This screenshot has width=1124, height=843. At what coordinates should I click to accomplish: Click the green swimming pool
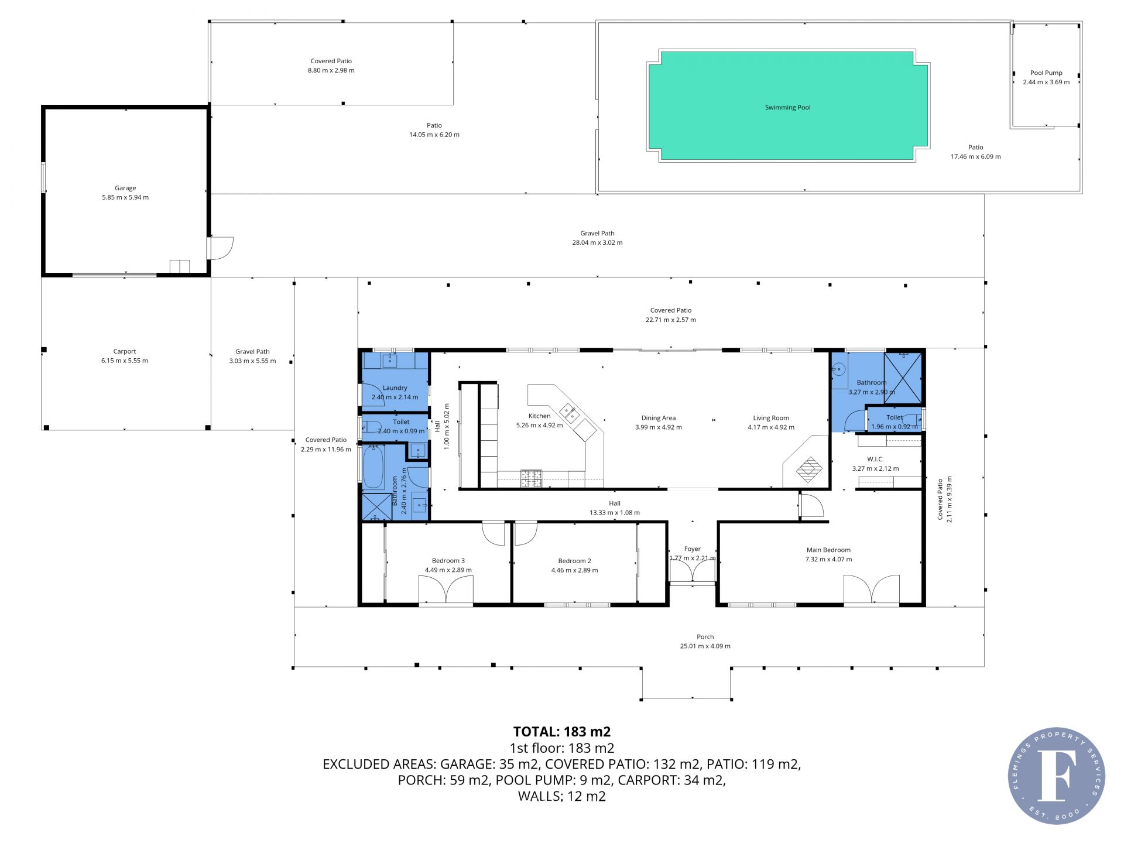click(788, 106)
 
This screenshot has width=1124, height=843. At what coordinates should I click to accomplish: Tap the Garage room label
click(125, 188)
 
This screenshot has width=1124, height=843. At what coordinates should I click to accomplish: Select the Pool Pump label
click(1046, 73)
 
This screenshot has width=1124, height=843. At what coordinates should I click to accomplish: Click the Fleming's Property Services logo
click(1057, 775)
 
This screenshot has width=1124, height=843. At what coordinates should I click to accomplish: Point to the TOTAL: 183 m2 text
click(562, 731)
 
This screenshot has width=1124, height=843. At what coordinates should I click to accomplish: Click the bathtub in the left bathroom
click(373, 467)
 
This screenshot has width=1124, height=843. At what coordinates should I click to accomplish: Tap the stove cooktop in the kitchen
click(531, 478)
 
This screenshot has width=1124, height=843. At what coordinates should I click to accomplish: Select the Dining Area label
click(659, 418)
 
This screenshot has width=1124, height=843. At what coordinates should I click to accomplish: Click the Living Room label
click(771, 418)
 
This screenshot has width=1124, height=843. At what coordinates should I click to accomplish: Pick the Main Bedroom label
click(828, 550)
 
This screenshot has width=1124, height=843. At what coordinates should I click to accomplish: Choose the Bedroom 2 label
click(574, 561)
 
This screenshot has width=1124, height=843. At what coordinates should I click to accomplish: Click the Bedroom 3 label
click(448, 561)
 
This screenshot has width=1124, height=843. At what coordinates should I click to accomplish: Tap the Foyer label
click(693, 549)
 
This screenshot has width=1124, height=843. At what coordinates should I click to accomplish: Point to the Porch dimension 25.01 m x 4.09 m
click(705, 646)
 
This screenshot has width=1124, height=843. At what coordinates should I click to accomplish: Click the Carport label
click(125, 351)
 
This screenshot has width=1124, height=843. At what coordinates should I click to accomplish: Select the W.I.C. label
click(875, 459)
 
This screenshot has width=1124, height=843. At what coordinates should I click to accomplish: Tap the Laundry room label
click(395, 388)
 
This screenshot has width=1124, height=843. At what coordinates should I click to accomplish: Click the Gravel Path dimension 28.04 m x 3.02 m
click(597, 242)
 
